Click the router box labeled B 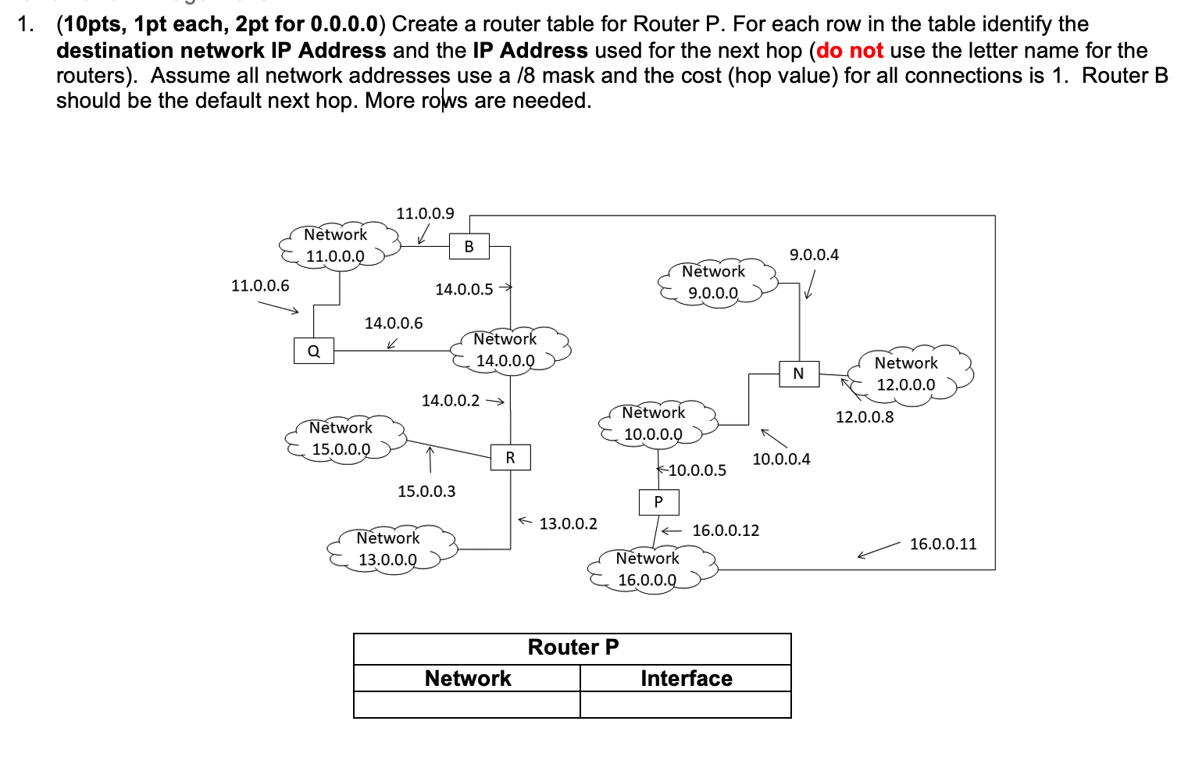469,247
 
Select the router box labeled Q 313,351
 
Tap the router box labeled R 510,458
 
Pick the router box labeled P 658,502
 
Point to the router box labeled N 798,373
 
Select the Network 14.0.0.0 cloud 508,350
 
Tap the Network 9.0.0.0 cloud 715,282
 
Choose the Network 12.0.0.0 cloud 908,374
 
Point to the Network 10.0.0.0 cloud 655,423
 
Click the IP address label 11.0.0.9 425,213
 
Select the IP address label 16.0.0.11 943,544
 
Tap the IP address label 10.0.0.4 781,459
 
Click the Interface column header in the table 686,678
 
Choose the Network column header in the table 467,678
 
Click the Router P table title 573,648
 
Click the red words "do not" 850,51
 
